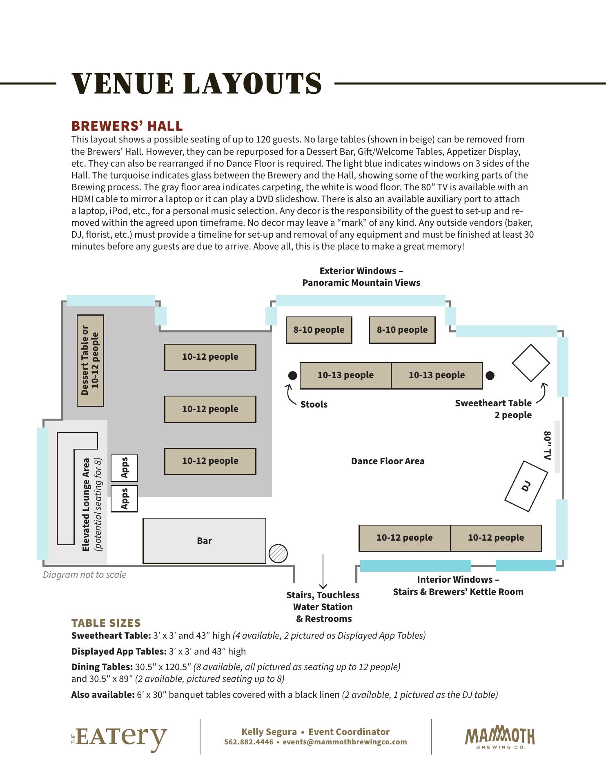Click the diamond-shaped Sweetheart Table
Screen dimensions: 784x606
[x=531, y=363]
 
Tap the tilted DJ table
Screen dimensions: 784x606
[x=526, y=486]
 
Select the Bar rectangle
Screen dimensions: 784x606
[x=204, y=541]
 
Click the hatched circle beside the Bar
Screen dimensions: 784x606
[x=278, y=554]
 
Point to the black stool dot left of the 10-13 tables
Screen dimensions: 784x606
[x=292, y=375]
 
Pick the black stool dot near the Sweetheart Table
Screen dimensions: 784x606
[x=490, y=375]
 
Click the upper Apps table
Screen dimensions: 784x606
[x=124, y=468]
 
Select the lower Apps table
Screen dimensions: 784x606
[x=124, y=499]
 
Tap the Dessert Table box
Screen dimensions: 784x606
[x=90, y=360]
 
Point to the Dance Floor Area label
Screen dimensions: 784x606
[x=388, y=461]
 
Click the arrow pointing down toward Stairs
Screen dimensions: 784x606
[x=323, y=572]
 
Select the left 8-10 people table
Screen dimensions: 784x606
[x=319, y=330]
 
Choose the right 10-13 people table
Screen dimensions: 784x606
[x=437, y=375]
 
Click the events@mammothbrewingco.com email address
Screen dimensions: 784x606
[x=345, y=742]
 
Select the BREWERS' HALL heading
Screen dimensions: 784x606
[x=127, y=125]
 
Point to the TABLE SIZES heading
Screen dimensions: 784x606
[x=106, y=623]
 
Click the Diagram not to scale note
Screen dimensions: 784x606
[x=85, y=575]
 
